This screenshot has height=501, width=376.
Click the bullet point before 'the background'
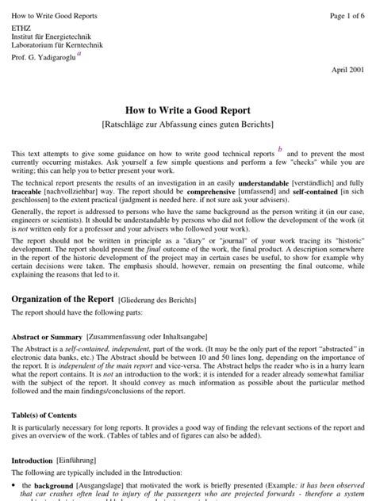14,485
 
